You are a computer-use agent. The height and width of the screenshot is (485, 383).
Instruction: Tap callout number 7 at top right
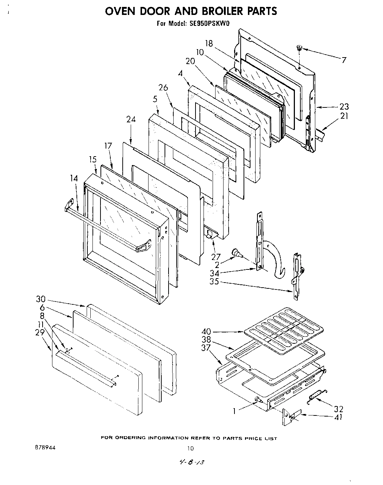[x=344, y=60]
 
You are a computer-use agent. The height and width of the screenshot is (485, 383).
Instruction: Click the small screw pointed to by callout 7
[x=299, y=47]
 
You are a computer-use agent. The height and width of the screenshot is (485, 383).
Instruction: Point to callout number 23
[x=344, y=107]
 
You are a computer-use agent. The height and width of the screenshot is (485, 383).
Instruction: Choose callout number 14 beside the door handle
[x=74, y=178]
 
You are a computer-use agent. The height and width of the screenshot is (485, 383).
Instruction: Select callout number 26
[x=163, y=87]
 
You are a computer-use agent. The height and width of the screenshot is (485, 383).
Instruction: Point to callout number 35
[x=214, y=281]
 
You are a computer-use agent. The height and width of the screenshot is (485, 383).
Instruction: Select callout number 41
[x=338, y=417]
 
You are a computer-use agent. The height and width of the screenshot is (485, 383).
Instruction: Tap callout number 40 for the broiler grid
[x=206, y=332]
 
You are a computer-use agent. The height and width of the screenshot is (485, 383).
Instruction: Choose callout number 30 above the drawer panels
[x=41, y=299]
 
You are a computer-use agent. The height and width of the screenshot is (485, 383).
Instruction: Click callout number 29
[x=40, y=332]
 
